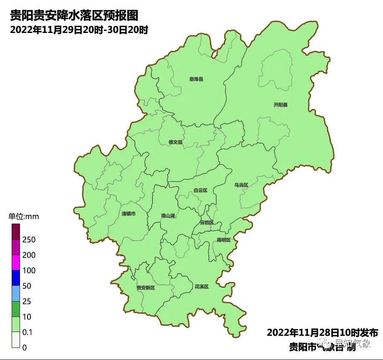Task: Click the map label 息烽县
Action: click(196, 79)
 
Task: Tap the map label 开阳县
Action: click(280, 105)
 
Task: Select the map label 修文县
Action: click(175, 142)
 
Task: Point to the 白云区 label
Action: click(200, 191)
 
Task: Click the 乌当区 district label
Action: click(241, 185)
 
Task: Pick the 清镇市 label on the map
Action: click(128, 214)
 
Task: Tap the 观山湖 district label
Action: click(168, 216)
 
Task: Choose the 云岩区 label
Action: click(207, 223)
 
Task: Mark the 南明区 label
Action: click(223, 240)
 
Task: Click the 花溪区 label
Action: click(201, 287)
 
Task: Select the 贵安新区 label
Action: click(145, 288)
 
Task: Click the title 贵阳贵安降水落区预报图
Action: click(74, 16)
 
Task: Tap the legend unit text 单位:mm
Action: click(24, 217)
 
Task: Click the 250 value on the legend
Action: click(29, 240)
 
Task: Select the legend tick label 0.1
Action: click(28, 332)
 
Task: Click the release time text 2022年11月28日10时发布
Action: click(322, 333)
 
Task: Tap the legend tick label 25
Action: click(27, 302)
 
